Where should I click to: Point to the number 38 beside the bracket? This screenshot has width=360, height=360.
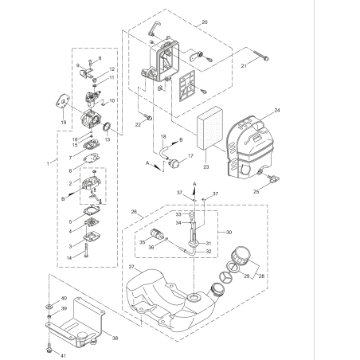(115, 337)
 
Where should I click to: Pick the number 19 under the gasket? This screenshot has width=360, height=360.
(64, 123)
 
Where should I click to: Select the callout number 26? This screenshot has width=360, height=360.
(135, 213)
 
